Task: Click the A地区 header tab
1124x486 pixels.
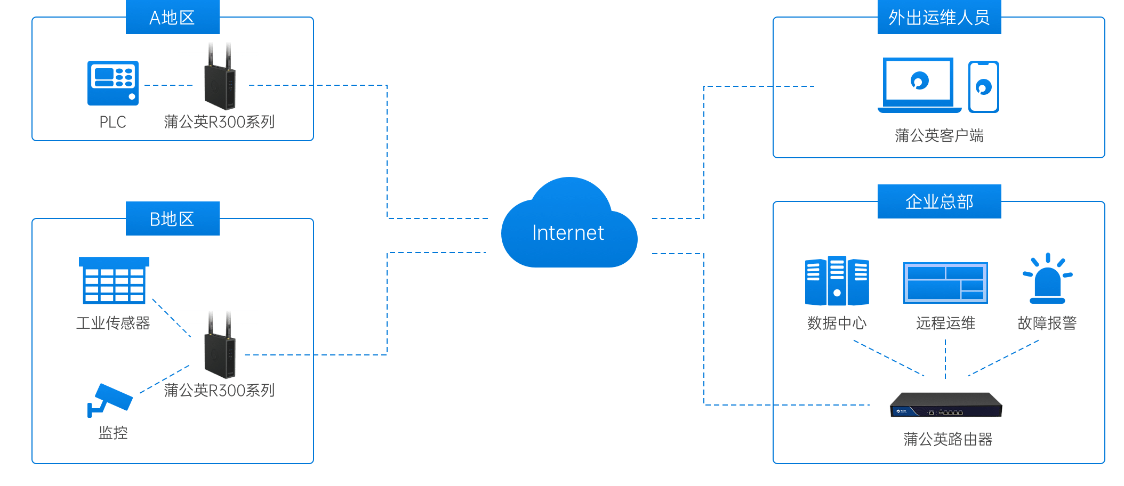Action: (172, 18)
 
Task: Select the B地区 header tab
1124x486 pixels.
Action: (172, 218)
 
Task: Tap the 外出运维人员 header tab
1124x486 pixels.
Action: (939, 18)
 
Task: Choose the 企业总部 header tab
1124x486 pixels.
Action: (939, 201)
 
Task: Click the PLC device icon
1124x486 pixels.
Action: (113, 83)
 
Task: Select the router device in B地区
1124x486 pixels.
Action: (218, 346)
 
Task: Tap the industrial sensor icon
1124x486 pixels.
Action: (114, 280)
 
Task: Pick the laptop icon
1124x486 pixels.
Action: (919, 85)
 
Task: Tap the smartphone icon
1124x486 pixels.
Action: (983, 86)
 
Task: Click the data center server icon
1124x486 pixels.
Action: (837, 281)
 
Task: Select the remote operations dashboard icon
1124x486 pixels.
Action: (945, 282)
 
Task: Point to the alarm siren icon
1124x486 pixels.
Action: (1048, 279)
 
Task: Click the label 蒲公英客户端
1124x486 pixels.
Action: (939, 136)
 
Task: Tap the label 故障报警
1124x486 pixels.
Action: (1047, 323)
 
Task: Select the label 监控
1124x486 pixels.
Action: (113, 433)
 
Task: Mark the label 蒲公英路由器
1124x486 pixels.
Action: (948, 439)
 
